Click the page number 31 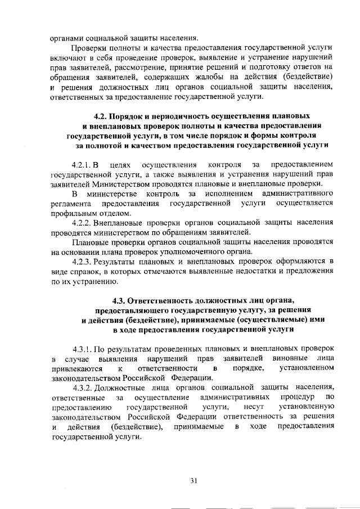194,480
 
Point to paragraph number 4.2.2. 83,223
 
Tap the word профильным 74,214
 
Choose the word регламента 71,204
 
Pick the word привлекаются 76,368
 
